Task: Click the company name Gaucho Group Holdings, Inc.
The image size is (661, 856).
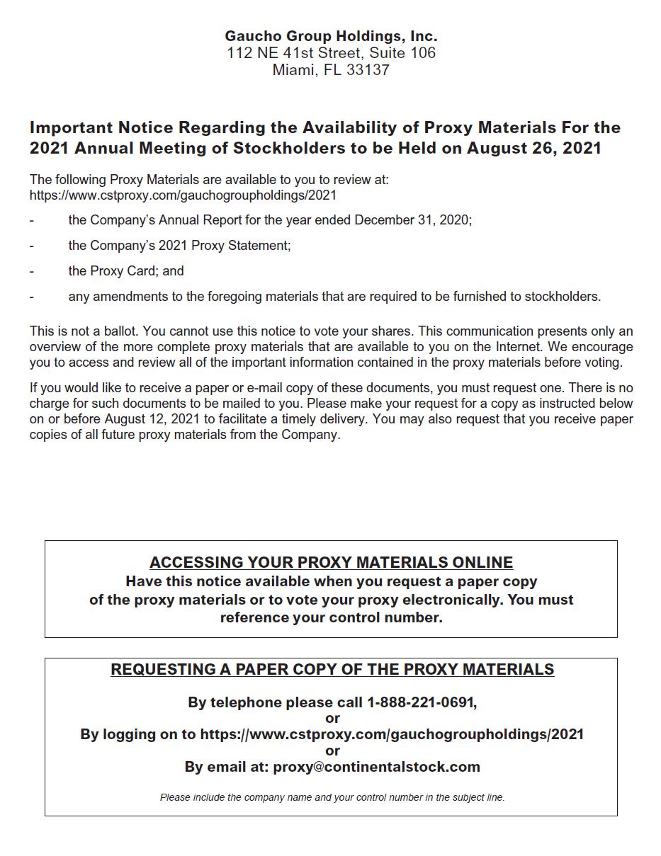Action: (x=331, y=35)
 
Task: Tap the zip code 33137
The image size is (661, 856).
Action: (x=368, y=70)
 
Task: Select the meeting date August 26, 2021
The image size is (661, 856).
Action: (x=533, y=148)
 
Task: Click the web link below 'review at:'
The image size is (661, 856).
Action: (x=183, y=195)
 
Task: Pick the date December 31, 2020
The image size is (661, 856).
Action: (x=412, y=220)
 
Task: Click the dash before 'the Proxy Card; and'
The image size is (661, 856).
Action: (x=32, y=271)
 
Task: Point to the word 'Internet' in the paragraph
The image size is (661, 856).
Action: (x=524, y=347)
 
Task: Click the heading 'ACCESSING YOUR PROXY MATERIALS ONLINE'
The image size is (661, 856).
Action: (x=331, y=563)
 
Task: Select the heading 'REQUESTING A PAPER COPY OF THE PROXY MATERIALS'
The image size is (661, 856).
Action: (x=332, y=670)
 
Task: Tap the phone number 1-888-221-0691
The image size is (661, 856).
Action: (x=421, y=702)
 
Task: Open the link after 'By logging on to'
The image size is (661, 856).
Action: (x=392, y=734)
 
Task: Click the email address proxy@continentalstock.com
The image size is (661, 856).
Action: (x=376, y=767)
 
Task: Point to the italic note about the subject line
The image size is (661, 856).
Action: (x=332, y=797)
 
